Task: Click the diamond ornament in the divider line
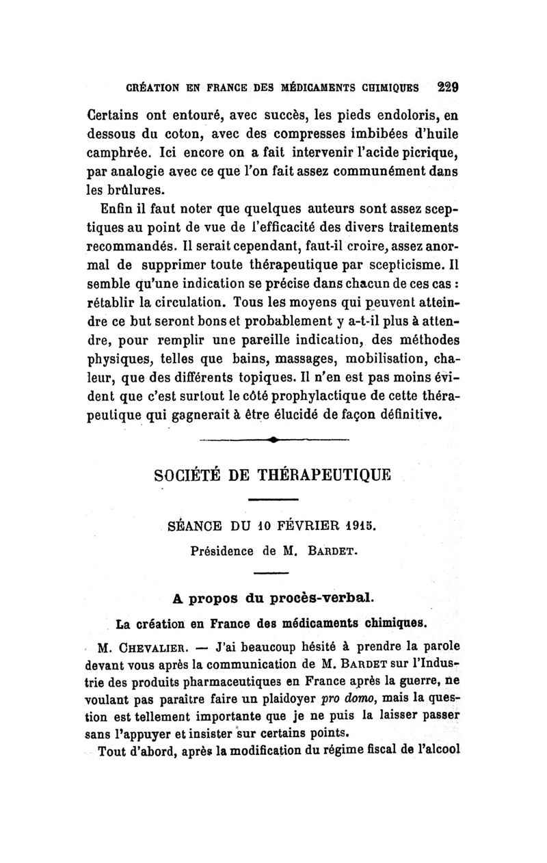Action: click(272, 440)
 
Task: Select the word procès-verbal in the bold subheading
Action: click(318, 599)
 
